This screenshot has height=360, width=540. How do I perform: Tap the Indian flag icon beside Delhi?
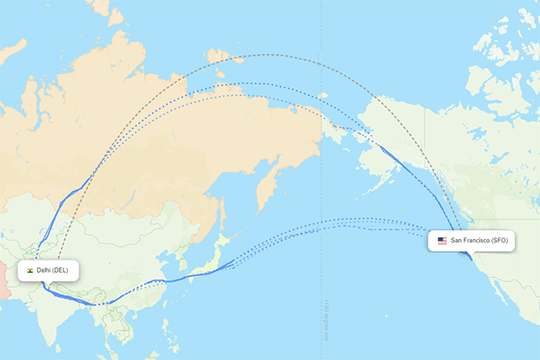tap(30, 270)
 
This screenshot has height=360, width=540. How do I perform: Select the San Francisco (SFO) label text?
tap(480, 241)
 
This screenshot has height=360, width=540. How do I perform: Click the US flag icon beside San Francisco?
tap(442, 241)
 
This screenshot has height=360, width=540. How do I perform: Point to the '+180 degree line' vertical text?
tap(322, 320)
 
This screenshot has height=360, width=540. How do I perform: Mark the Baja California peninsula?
tap(502, 294)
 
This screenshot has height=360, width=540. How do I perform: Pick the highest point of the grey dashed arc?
tap(267, 55)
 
